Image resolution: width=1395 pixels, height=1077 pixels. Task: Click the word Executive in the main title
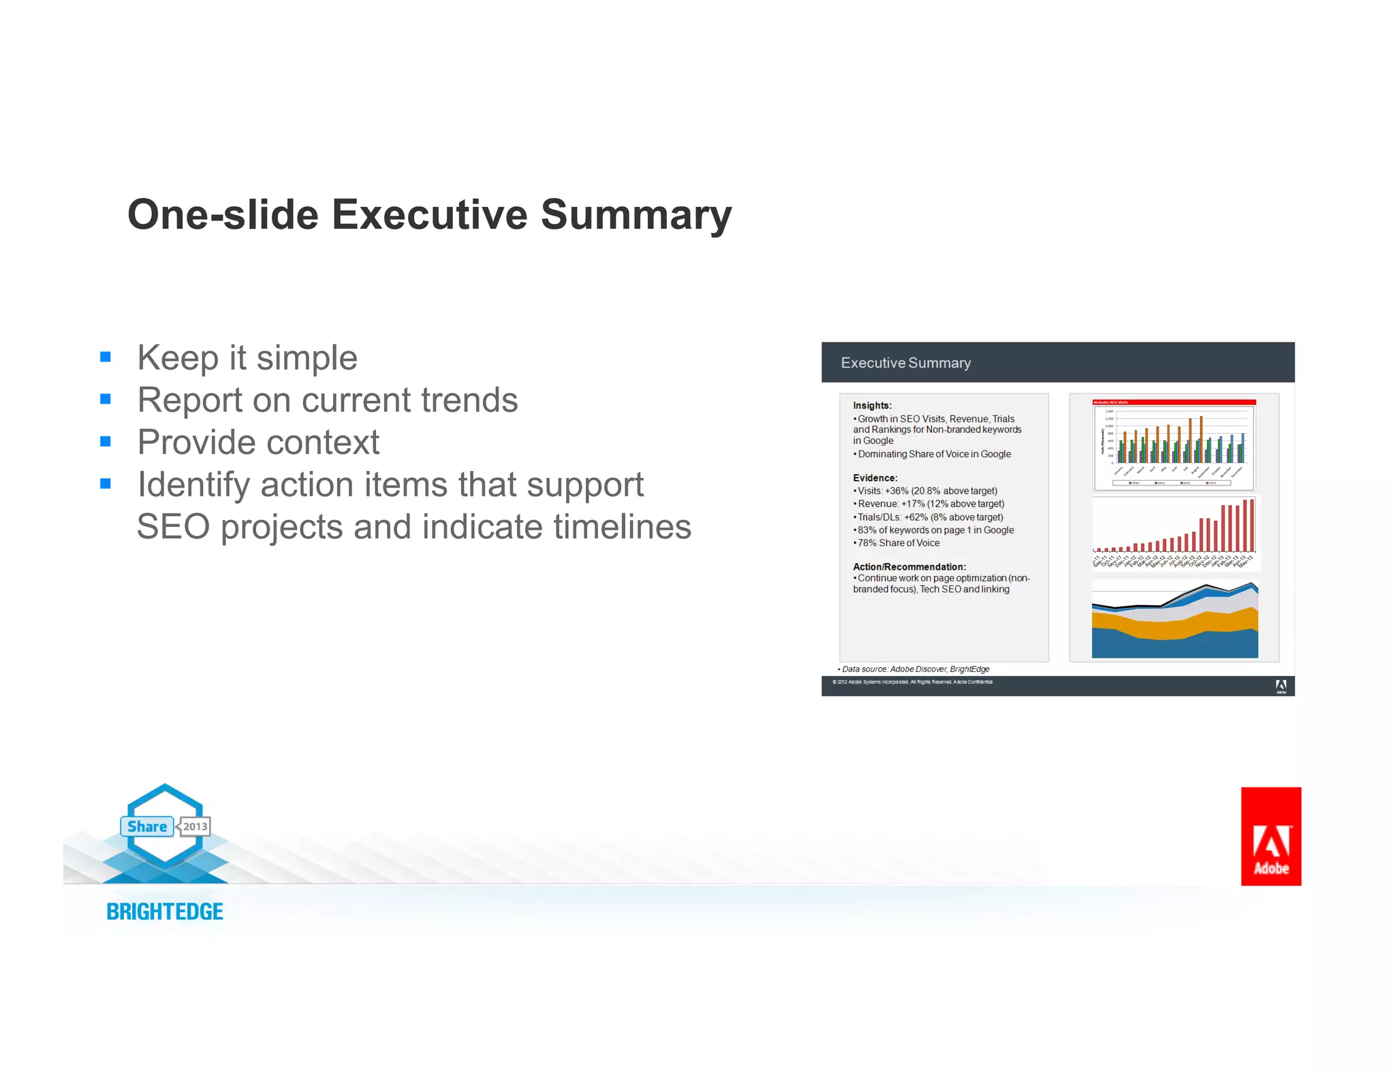click(429, 215)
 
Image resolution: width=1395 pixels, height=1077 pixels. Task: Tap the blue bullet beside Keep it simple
click(106, 357)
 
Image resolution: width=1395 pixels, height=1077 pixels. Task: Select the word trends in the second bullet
click(469, 400)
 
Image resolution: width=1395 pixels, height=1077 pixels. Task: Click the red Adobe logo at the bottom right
click(1270, 836)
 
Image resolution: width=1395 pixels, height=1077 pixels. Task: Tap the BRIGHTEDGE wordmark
click(165, 912)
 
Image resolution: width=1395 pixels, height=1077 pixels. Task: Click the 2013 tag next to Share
click(195, 826)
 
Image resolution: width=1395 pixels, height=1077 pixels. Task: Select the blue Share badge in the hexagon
click(147, 826)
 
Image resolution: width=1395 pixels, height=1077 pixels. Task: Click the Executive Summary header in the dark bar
click(905, 363)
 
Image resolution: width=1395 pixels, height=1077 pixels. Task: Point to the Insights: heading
click(872, 406)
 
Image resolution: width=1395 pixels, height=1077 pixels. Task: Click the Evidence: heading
click(875, 478)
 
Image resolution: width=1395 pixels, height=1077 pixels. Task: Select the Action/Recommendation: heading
click(909, 566)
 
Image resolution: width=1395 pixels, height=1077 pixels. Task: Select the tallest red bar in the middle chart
click(1252, 526)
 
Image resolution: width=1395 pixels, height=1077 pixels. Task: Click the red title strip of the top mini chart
click(1174, 402)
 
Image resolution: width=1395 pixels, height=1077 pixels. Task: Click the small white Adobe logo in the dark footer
click(1281, 686)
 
